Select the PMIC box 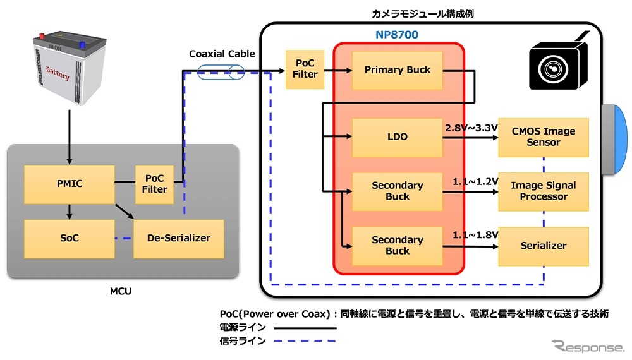point(69,184)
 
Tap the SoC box point(69,238)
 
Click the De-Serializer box point(179,238)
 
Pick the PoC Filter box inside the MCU point(155,183)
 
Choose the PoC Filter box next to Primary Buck point(305,69)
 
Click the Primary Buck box point(397,70)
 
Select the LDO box point(397,137)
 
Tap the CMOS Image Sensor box point(544,137)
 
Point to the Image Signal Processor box point(544,191)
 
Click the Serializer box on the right point(544,246)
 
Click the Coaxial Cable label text point(222,54)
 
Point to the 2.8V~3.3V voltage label point(471,129)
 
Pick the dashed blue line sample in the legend point(310,341)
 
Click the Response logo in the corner point(587,346)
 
